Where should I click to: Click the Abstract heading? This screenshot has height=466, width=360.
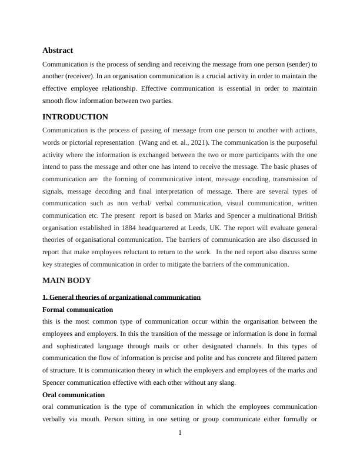[58, 51]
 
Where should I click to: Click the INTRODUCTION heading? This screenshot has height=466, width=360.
[75, 117]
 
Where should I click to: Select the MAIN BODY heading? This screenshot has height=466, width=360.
[66, 280]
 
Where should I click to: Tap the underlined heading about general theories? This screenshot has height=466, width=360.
[122, 297]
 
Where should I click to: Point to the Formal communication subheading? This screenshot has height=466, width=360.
[78, 309]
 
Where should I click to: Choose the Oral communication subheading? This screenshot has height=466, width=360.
[74, 395]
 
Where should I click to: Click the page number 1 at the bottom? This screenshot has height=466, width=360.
[180, 434]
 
